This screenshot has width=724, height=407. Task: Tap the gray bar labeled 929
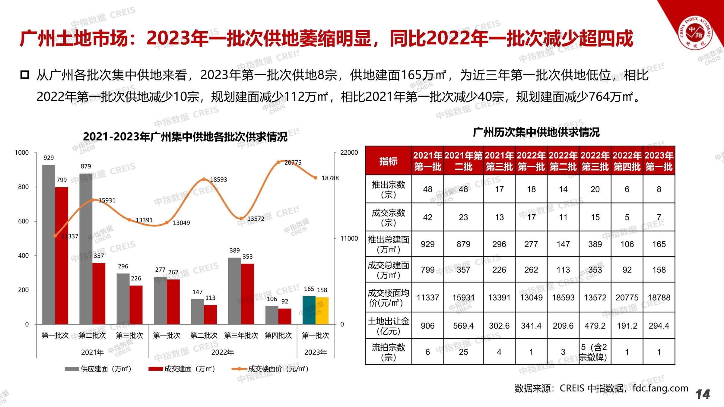pos(49,244)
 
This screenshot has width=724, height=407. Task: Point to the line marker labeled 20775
pos(278,162)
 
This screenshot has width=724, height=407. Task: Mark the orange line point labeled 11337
pos(55,236)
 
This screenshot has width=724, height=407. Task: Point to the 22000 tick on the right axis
pos(349,153)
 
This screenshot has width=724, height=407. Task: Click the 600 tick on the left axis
pos(24,221)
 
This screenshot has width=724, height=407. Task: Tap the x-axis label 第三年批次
pos(241,336)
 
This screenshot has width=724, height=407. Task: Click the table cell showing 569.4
pos(463,326)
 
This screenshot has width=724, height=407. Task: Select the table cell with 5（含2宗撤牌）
pos(595,352)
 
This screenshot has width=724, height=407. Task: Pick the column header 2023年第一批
pos(659,161)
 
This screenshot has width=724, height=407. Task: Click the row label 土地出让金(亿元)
pos(388,326)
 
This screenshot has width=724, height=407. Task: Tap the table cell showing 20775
pos(627,298)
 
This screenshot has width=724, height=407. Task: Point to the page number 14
pos(703,394)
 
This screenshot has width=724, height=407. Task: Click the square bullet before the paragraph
pos(25,74)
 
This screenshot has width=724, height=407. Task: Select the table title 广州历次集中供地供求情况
pos(536,132)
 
